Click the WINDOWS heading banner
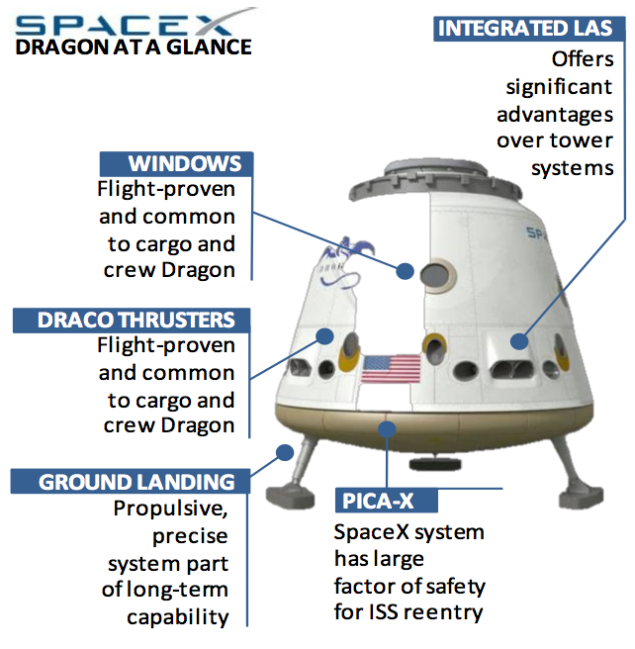click(176, 163)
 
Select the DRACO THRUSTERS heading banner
click(132, 320)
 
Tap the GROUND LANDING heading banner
click(131, 482)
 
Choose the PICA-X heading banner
click(387, 501)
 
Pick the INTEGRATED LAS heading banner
click(529, 29)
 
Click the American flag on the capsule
click(391, 369)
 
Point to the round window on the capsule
click(437, 275)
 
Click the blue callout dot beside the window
click(405, 271)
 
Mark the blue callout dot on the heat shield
click(387, 429)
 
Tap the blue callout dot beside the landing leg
click(285, 452)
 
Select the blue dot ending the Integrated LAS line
click(519, 341)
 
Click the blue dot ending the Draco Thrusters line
click(325, 336)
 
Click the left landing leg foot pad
click(290, 497)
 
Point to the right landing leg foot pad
click(582, 499)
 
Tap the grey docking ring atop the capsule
click(434, 181)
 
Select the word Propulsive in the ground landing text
click(170, 509)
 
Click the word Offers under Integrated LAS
click(583, 59)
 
